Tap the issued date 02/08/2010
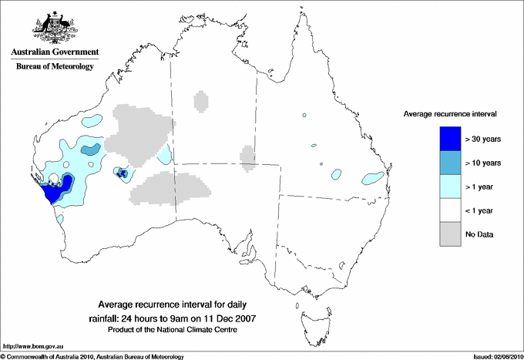tap(505, 356)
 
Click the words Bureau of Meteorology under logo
tap(54, 67)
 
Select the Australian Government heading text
tap(54, 52)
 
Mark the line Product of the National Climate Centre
tap(184, 330)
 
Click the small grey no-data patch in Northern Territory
tap(201, 100)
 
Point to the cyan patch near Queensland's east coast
tap(373, 178)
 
